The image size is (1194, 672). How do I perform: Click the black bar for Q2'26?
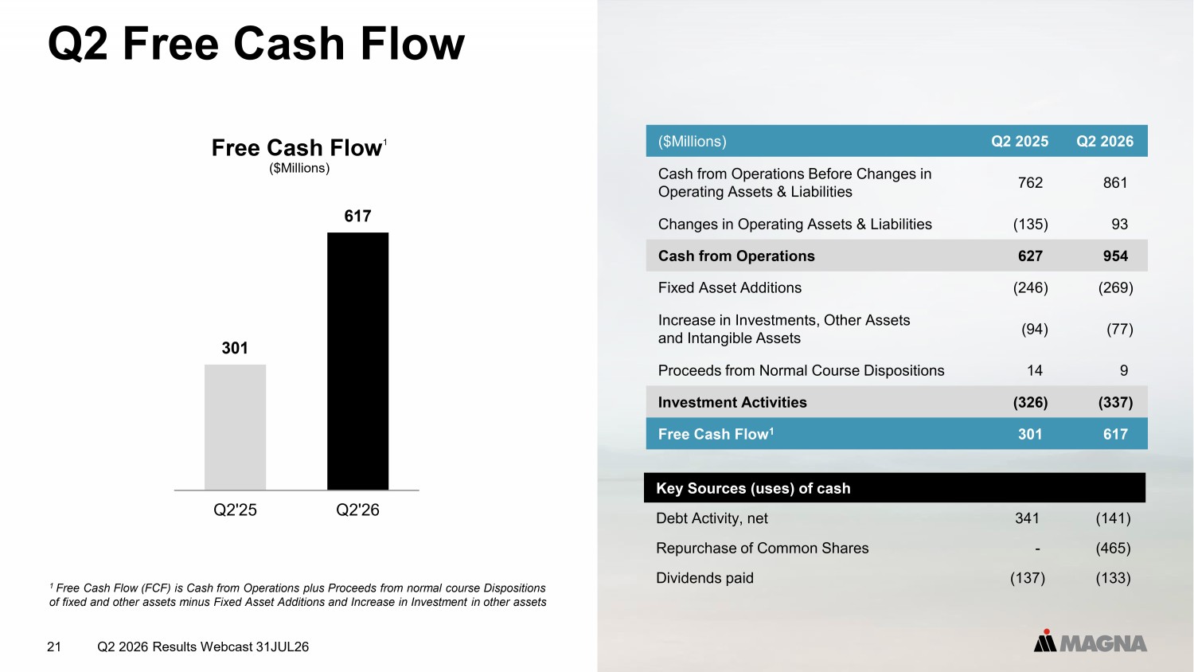[357, 361]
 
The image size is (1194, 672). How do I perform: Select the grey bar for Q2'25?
[235, 428]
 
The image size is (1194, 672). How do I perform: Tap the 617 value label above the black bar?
[357, 216]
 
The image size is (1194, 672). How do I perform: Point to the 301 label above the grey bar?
[235, 348]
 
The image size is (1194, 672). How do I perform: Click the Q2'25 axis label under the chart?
[235, 510]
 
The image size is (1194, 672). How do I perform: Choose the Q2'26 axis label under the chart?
[357, 510]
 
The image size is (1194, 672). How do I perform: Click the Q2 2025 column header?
[1020, 142]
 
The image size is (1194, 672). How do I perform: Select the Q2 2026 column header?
[1105, 142]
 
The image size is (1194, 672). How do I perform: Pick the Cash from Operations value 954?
[1116, 256]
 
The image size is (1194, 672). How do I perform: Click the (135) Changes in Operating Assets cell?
[1030, 224]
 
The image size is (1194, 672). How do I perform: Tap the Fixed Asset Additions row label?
[730, 288]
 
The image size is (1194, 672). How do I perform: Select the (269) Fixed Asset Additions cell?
[1116, 288]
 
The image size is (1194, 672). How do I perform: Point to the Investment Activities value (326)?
[1030, 402]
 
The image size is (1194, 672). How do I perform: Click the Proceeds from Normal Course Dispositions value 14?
[1035, 371]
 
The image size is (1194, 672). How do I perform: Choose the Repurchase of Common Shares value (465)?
[1113, 549]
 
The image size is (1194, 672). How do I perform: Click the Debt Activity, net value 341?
[1027, 518]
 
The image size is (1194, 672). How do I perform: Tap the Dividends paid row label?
[704, 578]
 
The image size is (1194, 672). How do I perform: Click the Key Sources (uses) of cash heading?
[753, 489]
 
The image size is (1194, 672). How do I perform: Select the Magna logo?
[1090, 641]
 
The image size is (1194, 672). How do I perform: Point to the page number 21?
[54, 647]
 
